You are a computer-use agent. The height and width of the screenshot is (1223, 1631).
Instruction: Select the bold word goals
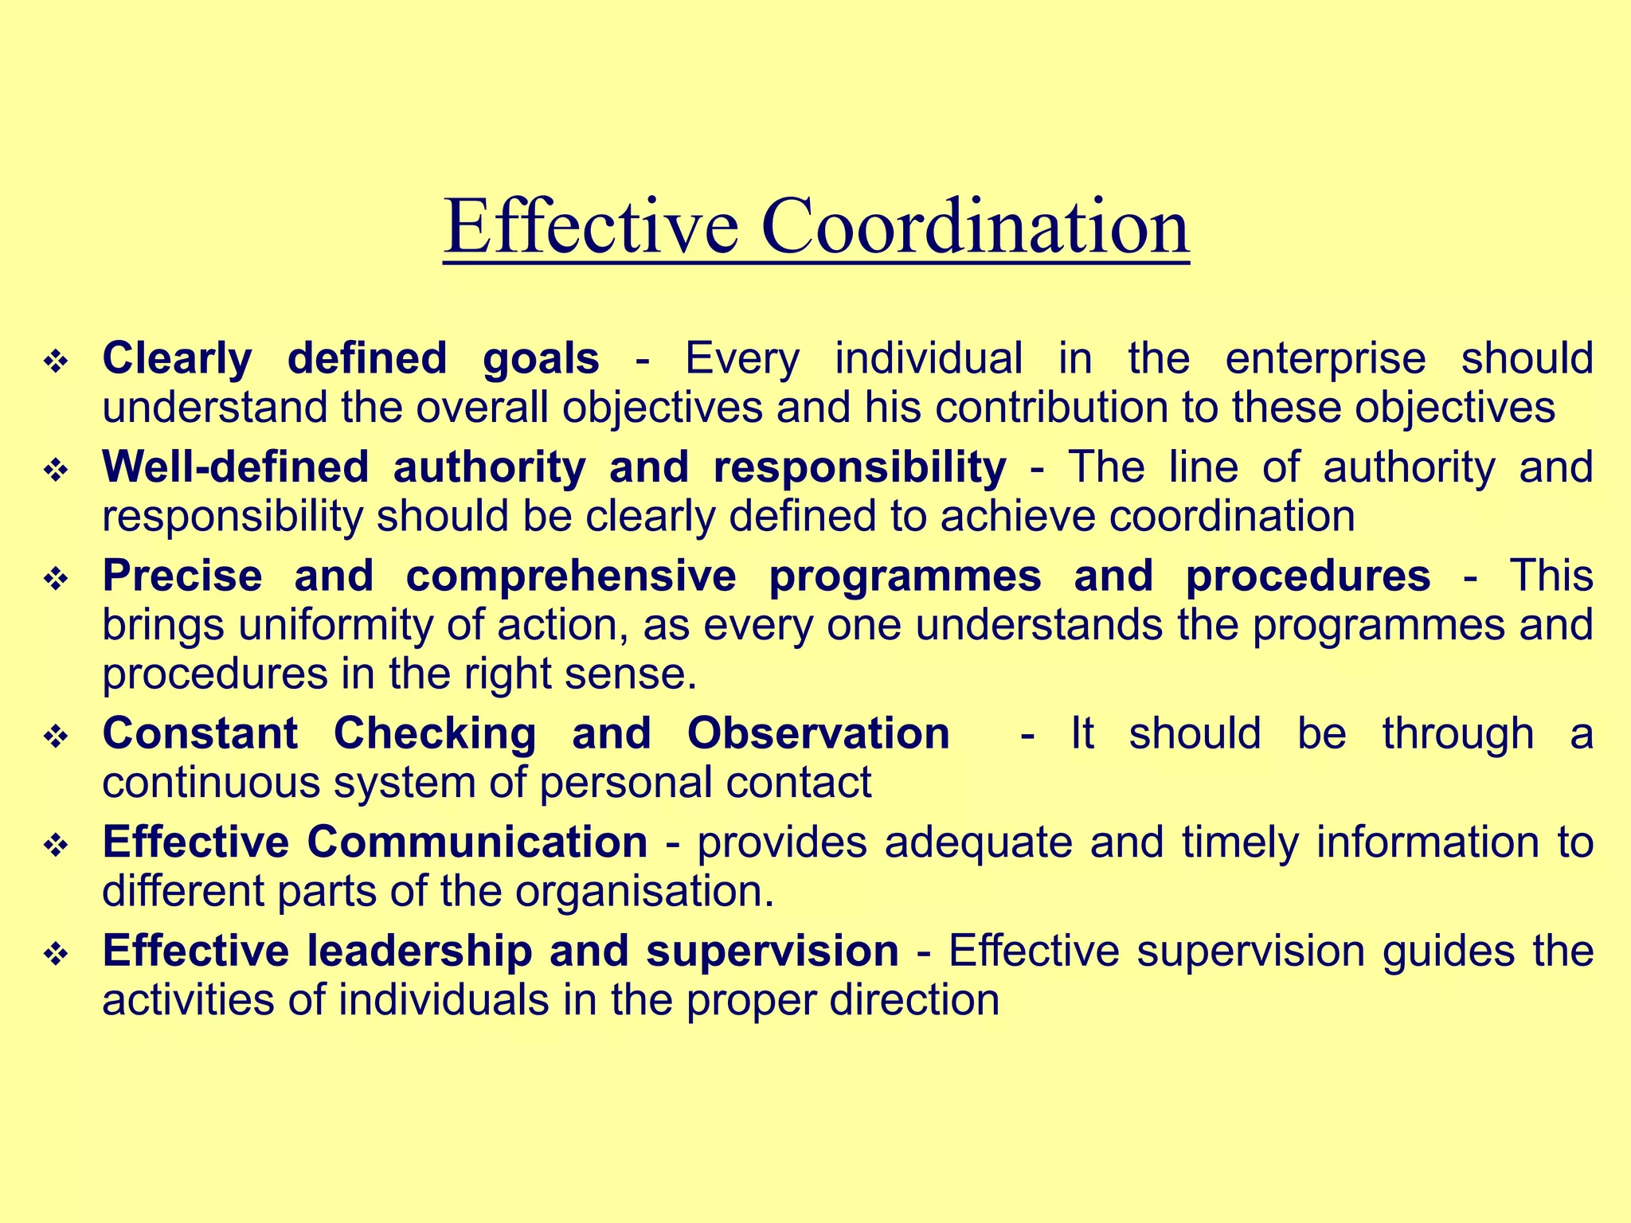point(541,359)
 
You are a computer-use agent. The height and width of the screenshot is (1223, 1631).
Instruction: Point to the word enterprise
point(1324,359)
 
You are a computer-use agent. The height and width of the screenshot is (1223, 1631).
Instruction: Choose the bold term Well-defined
point(236,467)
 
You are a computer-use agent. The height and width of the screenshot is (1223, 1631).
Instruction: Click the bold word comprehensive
point(571,576)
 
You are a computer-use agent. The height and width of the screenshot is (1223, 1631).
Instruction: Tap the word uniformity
point(334,625)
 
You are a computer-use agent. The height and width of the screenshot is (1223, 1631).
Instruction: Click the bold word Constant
point(200,733)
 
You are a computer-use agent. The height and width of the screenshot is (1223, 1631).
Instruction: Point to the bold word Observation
point(818,733)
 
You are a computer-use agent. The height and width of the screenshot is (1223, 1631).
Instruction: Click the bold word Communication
point(477,842)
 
